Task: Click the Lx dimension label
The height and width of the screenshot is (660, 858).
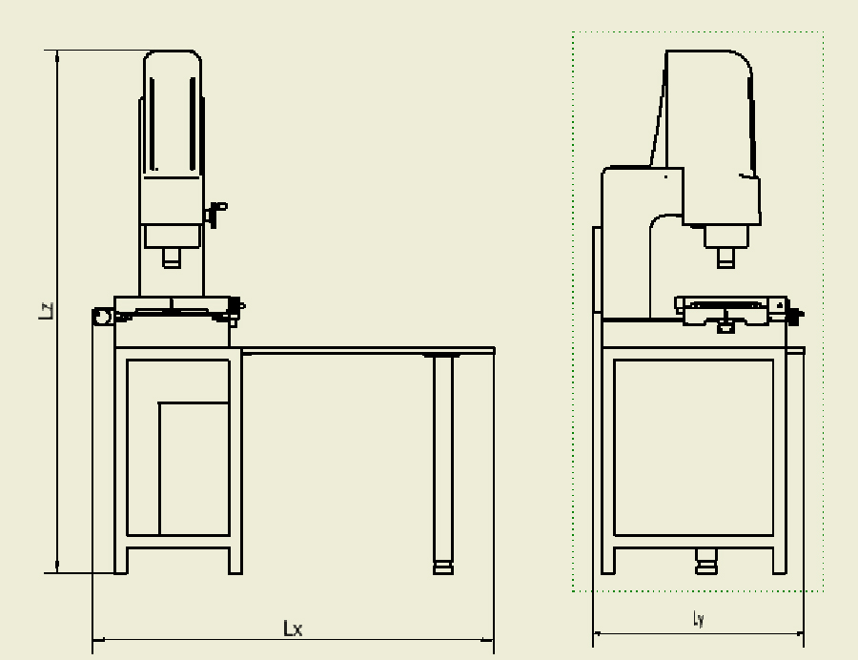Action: click(x=293, y=629)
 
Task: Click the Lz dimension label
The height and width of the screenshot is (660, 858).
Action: click(x=47, y=310)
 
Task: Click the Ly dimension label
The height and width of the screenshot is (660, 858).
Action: click(x=698, y=619)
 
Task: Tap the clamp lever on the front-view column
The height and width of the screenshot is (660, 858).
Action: click(x=215, y=214)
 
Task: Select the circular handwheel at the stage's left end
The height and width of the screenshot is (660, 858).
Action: click(x=102, y=317)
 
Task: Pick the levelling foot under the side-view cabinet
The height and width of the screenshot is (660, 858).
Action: click(x=705, y=562)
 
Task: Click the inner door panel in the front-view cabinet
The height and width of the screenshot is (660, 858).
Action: click(x=194, y=468)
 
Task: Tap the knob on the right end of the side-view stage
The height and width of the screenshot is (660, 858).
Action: click(x=795, y=316)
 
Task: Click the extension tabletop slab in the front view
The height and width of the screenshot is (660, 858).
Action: click(x=368, y=350)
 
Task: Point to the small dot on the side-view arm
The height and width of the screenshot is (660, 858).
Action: click(x=665, y=176)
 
